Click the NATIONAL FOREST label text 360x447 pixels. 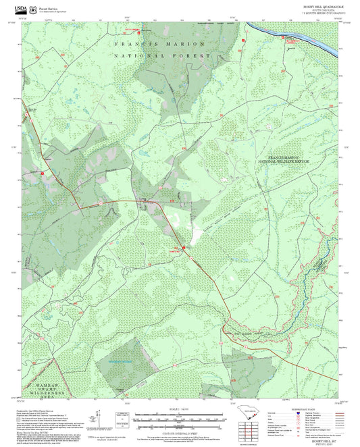162,55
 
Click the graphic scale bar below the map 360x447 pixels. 179,419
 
